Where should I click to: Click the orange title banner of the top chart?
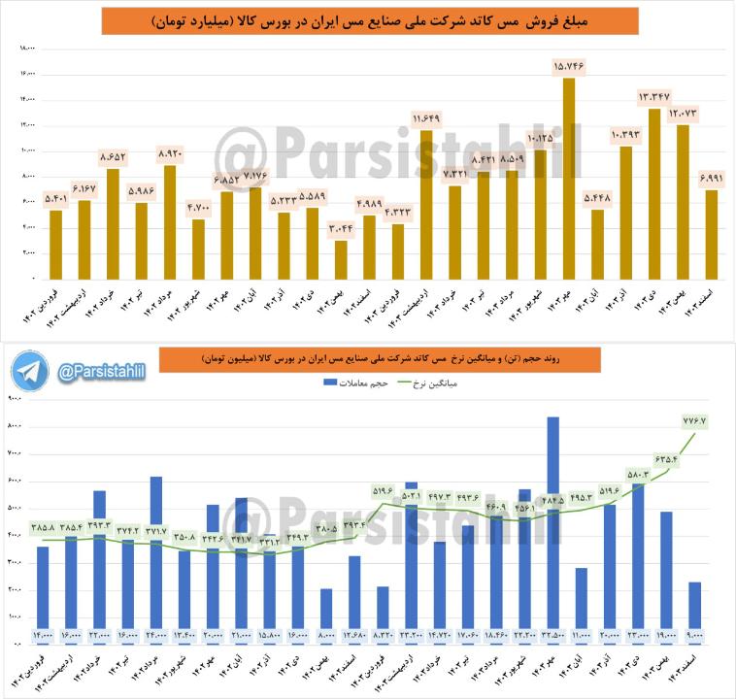tap(369, 21)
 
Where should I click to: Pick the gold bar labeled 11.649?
tap(425, 204)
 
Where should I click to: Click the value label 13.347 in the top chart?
tap(653, 96)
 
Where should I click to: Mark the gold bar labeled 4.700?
tap(198, 249)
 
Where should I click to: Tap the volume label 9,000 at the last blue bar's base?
tap(696, 636)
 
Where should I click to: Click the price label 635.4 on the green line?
tap(665, 458)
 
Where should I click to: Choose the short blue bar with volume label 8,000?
tap(326, 612)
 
